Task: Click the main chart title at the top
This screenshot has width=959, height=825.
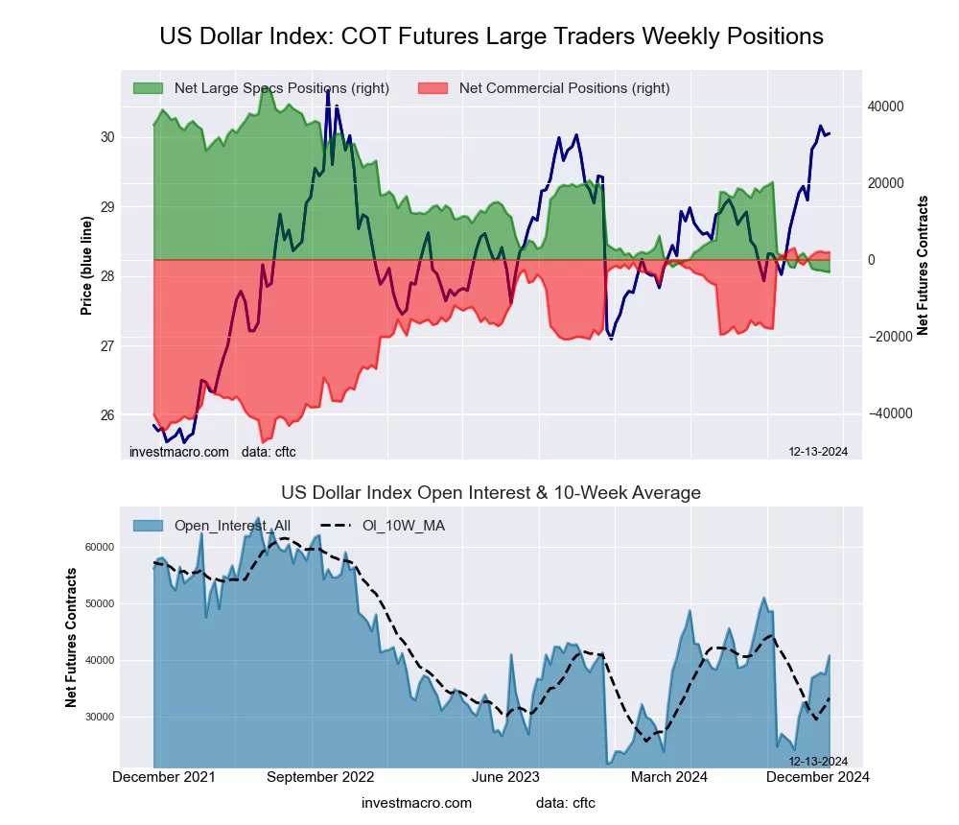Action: coord(491,36)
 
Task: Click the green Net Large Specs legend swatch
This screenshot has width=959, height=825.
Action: coord(148,88)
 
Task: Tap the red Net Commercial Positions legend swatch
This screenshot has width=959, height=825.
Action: coord(433,88)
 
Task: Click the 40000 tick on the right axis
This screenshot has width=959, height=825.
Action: coord(886,106)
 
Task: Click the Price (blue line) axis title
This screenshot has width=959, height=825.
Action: coord(86,266)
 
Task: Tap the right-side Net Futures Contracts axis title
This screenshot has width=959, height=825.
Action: coord(924,266)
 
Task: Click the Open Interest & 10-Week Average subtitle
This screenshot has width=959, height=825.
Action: coord(491,493)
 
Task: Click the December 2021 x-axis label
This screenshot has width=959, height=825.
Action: coord(164,777)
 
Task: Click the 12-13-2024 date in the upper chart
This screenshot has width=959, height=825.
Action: coord(818,452)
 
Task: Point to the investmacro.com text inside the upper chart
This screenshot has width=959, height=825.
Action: coord(179,452)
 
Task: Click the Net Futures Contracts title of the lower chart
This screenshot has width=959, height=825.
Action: coord(71,638)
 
